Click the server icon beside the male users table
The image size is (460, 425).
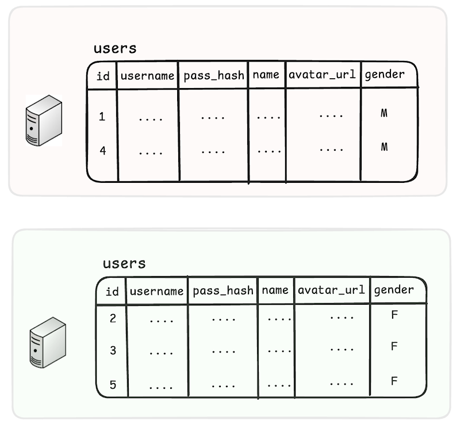[44, 120]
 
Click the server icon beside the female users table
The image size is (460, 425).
[48, 343]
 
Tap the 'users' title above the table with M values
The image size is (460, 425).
[116, 48]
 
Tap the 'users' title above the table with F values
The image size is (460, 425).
[124, 263]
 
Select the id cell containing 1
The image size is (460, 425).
[102, 117]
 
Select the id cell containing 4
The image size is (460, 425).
[103, 151]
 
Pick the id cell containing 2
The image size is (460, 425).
[113, 319]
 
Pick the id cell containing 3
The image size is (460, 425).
[113, 350]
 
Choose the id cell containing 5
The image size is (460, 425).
[113, 385]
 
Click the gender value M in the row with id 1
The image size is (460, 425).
[384, 113]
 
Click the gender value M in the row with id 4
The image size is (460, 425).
[384, 147]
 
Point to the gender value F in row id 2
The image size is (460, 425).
[394, 315]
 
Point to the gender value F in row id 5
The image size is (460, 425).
[394, 381]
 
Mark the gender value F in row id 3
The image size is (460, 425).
[394, 346]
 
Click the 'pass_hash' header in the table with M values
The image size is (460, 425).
[214, 76]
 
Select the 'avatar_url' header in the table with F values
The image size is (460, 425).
[331, 290]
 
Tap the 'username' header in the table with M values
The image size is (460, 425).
[148, 76]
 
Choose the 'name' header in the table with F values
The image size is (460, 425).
[275, 290]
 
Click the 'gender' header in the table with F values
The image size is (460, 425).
[394, 290]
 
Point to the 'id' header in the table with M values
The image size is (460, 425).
[103, 76]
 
